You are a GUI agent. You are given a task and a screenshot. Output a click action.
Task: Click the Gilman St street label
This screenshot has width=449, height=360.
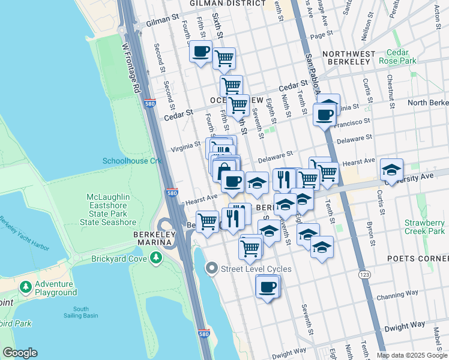[163, 24]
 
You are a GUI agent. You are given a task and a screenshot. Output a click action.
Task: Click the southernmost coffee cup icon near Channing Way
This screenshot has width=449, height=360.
[267, 286]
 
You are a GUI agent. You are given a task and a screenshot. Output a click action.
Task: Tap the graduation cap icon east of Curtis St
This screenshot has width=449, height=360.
[391, 170]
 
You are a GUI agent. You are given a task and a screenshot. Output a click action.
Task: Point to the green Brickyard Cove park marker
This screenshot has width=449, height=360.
[156, 258]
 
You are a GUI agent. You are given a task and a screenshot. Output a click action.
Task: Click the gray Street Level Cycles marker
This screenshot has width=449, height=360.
[211, 268]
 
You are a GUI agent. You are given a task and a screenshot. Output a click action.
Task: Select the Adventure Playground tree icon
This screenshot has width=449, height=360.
[26, 287]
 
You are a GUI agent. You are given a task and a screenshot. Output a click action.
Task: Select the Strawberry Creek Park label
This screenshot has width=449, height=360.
[424, 227]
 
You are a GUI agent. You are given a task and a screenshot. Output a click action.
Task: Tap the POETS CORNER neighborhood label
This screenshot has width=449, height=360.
[422, 258]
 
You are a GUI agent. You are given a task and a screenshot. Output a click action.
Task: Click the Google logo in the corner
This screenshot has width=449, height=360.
[20, 353]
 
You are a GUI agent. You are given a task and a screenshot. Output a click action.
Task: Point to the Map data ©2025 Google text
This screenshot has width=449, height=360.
[411, 355]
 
